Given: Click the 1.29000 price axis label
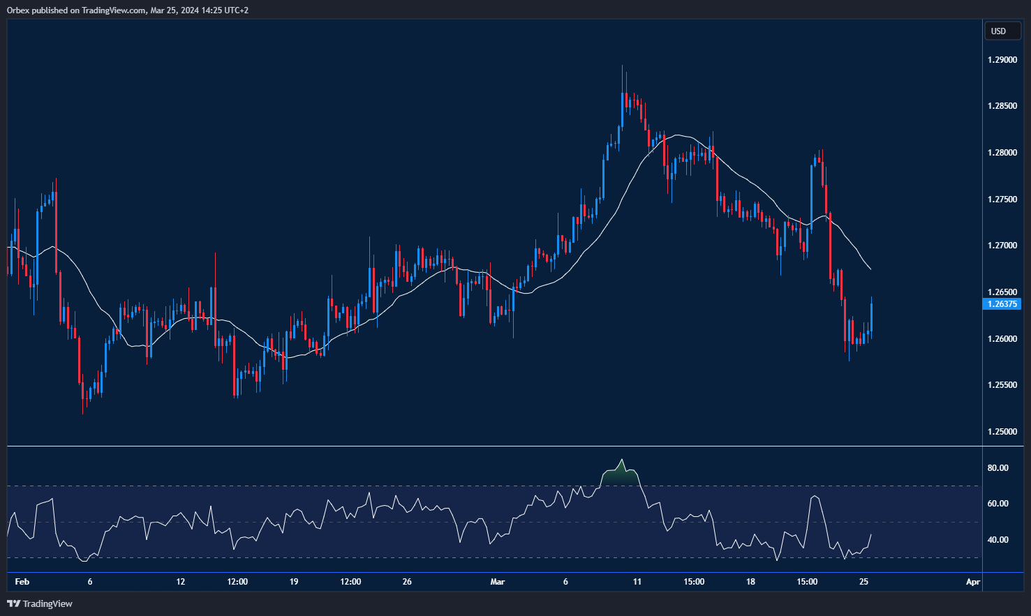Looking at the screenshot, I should [x=1002, y=60].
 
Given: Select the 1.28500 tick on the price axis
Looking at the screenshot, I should [x=1002, y=106].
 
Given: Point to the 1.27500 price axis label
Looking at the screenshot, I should [x=1002, y=200].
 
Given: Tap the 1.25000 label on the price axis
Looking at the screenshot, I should [x=1002, y=432].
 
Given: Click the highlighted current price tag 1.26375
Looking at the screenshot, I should [x=1002, y=304].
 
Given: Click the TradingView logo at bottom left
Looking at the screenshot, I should [x=40, y=603].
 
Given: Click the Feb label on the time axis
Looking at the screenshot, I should [x=22, y=582].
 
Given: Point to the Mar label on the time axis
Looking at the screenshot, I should [x=497, y=582].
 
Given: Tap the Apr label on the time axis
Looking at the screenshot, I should [x=972, y=582].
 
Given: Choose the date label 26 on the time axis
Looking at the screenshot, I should [x=408, y=582].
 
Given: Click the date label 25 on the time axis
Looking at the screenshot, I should [x=863, y=582].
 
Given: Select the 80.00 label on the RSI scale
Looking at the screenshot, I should [x=997, y=468].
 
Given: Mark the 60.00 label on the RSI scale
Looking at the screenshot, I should [x=997, y=504].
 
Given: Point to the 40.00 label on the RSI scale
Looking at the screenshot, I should [x=997, y=540].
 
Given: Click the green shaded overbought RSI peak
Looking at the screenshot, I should [x=621, y=476].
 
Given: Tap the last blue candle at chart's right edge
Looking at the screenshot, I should [x=871, y=317].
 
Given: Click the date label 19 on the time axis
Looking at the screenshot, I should [x=294, y=582].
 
